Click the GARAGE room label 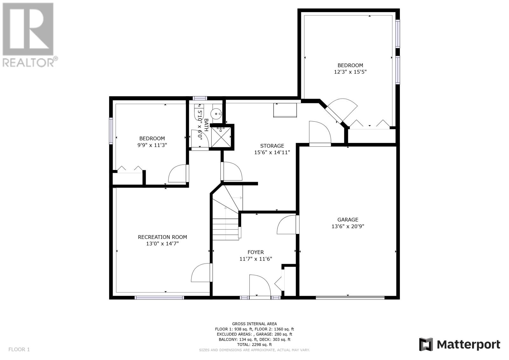[348, 220]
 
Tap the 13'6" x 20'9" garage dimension [348, 226]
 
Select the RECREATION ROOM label [162, 237]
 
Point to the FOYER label [256, 252]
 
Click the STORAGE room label [272, 146]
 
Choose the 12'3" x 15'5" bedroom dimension [350, 72]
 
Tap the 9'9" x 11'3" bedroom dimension [152, 145]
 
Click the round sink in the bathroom [216, 113]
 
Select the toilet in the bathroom [199, 112]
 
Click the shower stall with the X [221, 137]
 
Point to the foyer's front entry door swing [260, 286]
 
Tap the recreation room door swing [202, 272]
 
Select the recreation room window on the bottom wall [159, 298]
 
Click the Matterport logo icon [426, 344]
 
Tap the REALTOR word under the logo [28, 62]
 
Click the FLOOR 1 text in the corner [19, 349]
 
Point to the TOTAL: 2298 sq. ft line [254, 344]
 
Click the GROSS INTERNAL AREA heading [254, 324]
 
